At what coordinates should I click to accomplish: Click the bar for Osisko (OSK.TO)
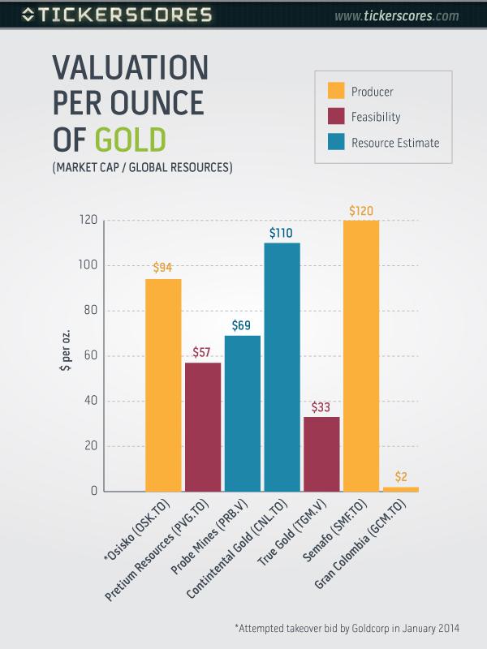coord(163,385)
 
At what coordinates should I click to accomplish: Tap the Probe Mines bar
coord(242,413)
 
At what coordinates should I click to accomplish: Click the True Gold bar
coord(321,453)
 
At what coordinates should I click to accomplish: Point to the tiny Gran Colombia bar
coord(401,489)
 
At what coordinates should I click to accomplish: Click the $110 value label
coord(282,233)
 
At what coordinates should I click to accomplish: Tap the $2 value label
coord(401,476)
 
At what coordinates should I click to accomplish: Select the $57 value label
coord(203,352)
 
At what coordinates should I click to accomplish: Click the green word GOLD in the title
coord(130,138)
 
